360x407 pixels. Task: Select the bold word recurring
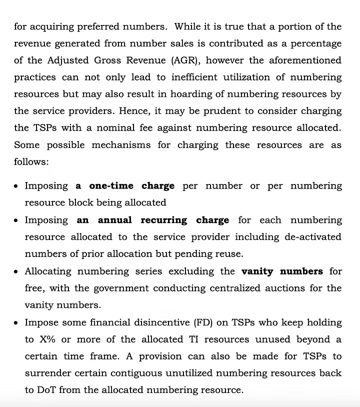164,220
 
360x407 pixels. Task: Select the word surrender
49,373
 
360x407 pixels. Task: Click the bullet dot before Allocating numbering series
16,272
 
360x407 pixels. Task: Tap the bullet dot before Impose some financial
16,323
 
